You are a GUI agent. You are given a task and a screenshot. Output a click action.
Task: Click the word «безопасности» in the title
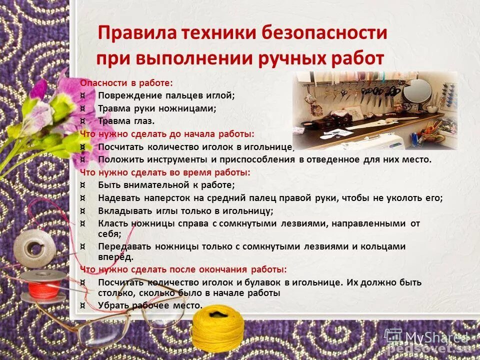click(x=324, y=33)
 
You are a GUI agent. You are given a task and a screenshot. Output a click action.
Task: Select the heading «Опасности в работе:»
click(x=126, y=83)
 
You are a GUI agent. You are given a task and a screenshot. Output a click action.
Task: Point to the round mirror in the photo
click(x=417, y=91)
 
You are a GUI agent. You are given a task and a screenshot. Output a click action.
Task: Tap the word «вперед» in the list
click(x=115, y=257)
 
